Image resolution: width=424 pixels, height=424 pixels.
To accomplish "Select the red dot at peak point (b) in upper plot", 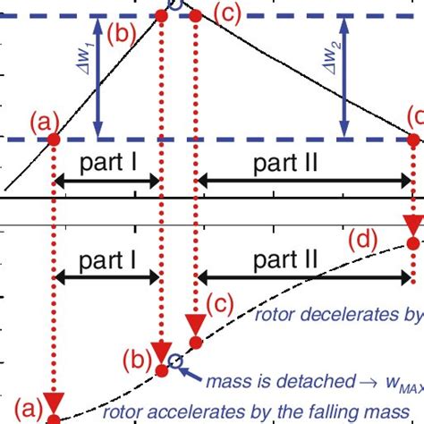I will (162, 14).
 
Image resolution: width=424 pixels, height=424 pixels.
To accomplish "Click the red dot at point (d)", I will (412, 243).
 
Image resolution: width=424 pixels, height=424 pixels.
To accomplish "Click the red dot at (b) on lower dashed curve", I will (161, 370).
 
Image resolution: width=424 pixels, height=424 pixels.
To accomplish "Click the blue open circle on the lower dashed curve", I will (176, 361).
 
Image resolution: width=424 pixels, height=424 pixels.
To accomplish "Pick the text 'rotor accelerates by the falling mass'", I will (259, 412).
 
